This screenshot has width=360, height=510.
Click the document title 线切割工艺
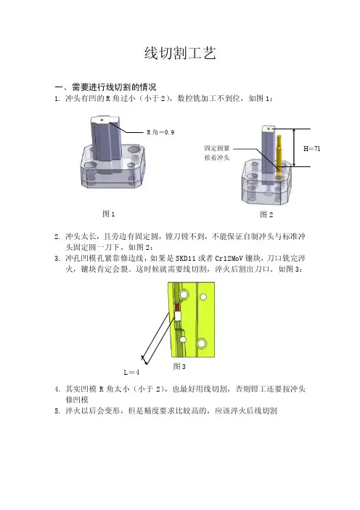180,53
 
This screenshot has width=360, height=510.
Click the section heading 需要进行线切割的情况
114,87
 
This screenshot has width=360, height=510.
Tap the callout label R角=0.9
160,132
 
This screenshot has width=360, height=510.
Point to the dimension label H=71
312,149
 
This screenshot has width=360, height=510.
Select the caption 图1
109,214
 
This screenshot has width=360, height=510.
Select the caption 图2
266,214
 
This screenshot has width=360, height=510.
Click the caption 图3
179,367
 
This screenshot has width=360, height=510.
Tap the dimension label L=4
131,373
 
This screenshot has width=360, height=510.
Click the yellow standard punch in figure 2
279,156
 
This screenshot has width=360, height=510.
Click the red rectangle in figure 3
177,307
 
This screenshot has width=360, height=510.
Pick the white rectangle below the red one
178,316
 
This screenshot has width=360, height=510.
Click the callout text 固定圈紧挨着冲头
217,153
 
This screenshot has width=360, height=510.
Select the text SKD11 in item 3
186,259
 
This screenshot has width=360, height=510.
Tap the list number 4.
57,389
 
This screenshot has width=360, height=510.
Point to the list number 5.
57,411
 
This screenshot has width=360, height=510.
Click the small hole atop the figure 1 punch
102,120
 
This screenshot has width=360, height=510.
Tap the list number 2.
57,237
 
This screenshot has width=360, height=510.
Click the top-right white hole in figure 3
203,297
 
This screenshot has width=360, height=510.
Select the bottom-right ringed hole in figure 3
202,344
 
